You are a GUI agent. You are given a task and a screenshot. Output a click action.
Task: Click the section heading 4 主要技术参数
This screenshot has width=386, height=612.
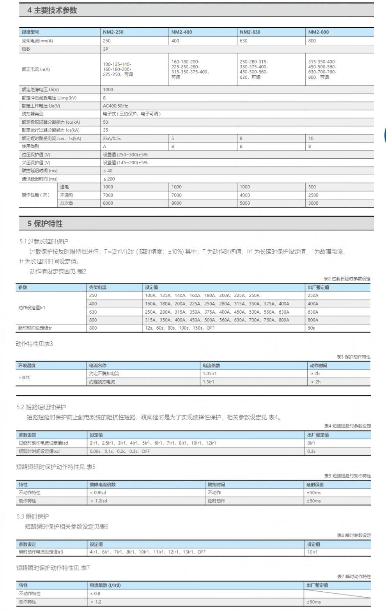52,11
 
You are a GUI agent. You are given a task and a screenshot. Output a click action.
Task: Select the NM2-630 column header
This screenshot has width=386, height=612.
250,32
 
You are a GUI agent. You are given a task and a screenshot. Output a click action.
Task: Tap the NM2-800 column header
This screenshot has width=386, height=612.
319,32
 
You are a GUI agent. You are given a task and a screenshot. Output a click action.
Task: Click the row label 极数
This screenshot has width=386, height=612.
26,49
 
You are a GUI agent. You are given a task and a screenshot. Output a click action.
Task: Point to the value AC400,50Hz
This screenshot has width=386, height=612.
115,106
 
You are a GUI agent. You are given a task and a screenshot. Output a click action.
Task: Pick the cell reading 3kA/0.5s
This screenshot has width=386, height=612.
112,138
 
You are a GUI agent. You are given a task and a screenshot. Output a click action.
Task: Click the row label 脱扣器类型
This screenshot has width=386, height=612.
33,114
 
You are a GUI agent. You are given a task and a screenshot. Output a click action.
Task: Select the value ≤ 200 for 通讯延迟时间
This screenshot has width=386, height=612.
109,179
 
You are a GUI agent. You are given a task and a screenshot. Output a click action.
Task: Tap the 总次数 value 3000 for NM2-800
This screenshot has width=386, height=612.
313,203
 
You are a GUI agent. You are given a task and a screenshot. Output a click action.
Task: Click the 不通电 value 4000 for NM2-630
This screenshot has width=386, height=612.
245,195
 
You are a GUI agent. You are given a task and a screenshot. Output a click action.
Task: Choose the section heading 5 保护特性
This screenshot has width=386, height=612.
45,224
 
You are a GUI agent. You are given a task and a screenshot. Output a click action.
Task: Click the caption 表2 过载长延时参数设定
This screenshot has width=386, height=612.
347,279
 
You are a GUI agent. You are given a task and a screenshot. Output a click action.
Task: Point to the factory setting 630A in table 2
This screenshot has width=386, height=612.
313,312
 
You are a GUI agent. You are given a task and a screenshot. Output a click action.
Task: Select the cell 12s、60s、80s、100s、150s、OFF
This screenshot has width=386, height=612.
180,328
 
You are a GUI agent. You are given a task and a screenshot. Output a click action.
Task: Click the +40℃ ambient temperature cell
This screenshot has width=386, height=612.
25,378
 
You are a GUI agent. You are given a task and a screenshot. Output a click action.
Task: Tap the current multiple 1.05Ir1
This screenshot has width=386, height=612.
210,374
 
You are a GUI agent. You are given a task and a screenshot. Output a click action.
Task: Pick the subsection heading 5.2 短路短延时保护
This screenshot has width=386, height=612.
41,407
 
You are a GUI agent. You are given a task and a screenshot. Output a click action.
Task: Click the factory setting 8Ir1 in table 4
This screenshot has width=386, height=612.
311,443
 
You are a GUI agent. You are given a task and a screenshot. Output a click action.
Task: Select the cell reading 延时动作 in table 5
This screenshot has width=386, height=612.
216,501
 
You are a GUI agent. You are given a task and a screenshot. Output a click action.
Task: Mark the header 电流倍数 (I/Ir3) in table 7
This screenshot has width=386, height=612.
105,585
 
